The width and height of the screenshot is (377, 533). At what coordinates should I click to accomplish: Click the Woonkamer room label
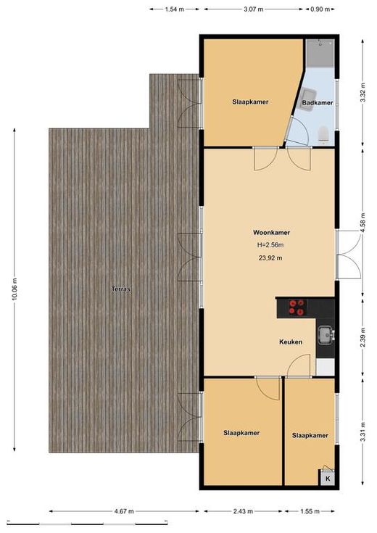[x=271, y=233]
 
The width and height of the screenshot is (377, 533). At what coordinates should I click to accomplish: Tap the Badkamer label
[x=318, y=103]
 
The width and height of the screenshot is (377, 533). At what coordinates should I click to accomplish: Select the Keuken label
[x=291, y=342]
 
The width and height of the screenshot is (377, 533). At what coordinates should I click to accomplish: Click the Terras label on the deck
[x=121, y=289]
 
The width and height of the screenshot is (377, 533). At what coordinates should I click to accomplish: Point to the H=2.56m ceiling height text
[x=270, y=245]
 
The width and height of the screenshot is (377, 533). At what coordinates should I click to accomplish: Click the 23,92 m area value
[x=270, y=258]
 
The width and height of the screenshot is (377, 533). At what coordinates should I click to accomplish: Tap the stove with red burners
[x=296, y=307]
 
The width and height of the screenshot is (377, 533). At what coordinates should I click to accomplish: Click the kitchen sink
[x=326, y=334]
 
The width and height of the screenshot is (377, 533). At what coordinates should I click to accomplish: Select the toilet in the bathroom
[x=323, y=135]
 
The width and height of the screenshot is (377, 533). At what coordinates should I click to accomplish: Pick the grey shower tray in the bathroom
[x=320, y=53]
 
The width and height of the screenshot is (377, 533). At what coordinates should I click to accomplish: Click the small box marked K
[x=328, y=479]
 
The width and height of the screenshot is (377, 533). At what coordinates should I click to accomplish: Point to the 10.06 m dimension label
[x=14, y=289]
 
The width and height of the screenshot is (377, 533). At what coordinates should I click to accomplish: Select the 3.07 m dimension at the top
[x=254, y=9]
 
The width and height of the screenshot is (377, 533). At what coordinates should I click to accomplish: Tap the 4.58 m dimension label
[x=362, y=223]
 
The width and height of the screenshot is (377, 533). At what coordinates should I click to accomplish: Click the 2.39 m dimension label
[x=362, y=337]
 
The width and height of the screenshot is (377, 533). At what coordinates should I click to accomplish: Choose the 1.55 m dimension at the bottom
[x=310, y=511]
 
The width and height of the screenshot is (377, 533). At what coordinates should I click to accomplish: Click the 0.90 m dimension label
[x=320, y=9]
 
